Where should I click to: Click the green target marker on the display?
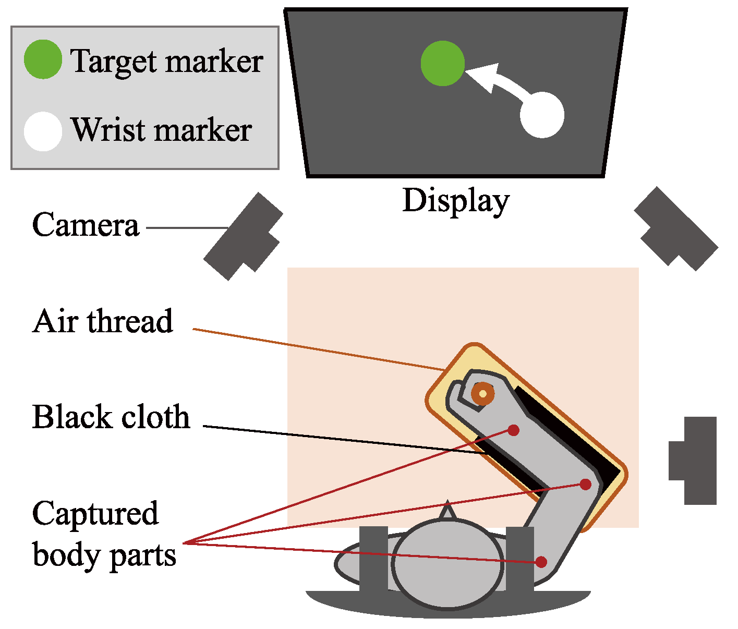click(443, 63)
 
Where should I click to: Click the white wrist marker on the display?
click(542, 115)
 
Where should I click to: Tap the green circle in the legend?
click(43, 59)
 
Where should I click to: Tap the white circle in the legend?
click(43, 131)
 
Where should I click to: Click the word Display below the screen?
click(455, 201)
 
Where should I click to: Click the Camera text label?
click(86, 225)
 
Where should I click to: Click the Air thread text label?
click(103, 321)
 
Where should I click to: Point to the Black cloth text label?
click(111, 417)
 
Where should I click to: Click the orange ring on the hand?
click(482, 394)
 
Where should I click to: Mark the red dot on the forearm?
click(514, 430)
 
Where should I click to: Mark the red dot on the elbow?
click(586, 484)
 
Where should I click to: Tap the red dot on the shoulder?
click(541, 562)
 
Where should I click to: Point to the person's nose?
click(447, 512)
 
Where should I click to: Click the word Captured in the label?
click(95, 514)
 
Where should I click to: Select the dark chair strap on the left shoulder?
click(373, 558)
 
